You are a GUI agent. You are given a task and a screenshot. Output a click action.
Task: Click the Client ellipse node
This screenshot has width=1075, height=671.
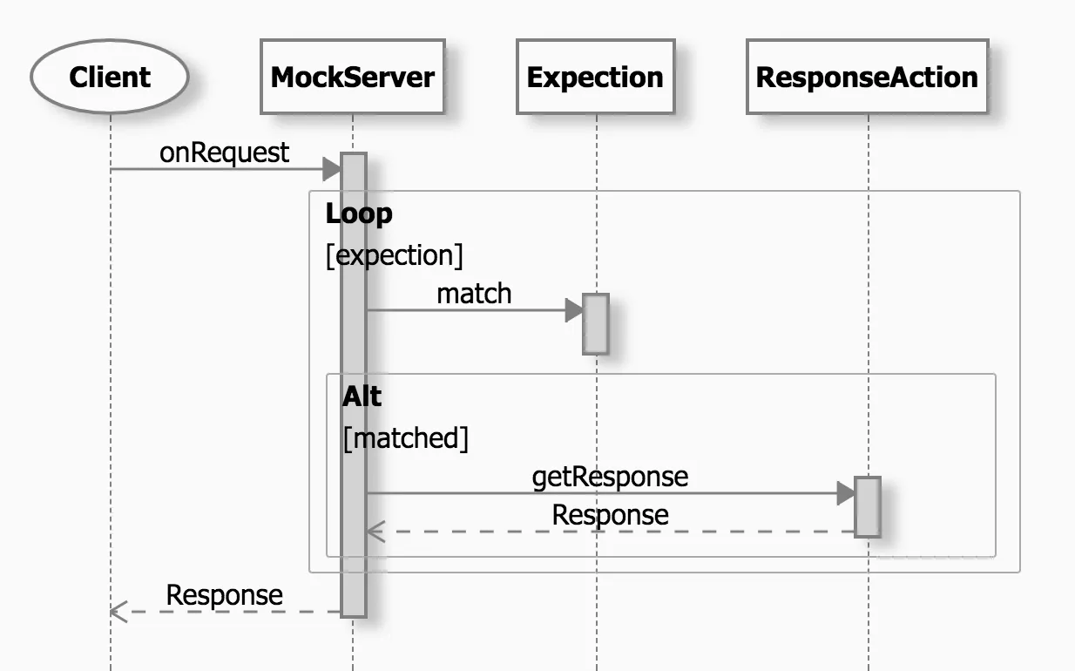pyautogui.click(x=110, y=77)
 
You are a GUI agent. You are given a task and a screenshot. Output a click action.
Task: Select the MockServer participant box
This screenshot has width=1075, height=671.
pyautogui.click(x=352, y=77)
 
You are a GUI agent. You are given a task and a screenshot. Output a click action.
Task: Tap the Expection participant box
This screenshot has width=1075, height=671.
pyautogui.click(x=595, y=77)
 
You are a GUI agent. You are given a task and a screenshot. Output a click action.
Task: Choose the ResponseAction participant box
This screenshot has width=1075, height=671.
pyautogui.click(x=867, y=77)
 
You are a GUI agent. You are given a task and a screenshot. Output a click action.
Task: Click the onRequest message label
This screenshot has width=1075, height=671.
pyautogui.click(x=224, y=152)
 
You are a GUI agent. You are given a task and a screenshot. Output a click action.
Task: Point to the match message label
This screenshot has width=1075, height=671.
pyautogui.click(x=474, y=294)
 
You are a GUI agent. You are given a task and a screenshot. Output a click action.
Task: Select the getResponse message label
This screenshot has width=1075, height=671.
pyautogui.click(x=610, y=477)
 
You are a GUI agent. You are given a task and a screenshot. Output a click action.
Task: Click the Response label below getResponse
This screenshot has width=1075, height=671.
pyautogui.click(x=610, y=515)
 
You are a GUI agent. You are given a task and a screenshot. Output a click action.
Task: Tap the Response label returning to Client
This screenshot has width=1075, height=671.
pyautogui.click(x=224, y=595)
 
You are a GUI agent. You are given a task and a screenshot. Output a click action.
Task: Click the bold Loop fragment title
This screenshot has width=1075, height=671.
pyautogui.click(x=359, y=213)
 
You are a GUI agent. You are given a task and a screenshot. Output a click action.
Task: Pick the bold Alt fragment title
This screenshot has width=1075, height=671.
pyautogui.click(x=362, y=396)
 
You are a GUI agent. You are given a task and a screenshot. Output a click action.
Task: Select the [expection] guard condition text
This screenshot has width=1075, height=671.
pyautogui.click(x=394, y=255)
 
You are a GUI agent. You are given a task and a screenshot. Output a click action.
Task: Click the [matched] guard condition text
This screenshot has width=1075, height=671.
pyautogui.click(x=405, y=438)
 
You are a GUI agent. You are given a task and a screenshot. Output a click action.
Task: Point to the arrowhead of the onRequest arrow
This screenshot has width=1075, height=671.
pyautogui.click(x=332, y=168)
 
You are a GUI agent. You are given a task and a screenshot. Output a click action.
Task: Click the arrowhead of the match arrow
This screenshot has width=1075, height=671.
pyautogui.click(x=574, y=309)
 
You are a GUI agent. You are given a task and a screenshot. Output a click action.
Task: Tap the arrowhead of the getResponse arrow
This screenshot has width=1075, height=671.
pyautogui.click(x=846, y=493)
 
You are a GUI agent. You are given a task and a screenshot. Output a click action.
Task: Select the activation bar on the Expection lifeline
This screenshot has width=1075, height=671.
pyautogui.click(x=595, y=323)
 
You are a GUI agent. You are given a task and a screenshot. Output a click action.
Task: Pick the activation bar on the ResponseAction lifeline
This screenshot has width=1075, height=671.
pyautogui.click(x=868, y=506)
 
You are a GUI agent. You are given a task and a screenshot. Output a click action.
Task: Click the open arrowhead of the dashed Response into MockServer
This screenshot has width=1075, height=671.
pyautogui.click(x=375, y=531)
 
